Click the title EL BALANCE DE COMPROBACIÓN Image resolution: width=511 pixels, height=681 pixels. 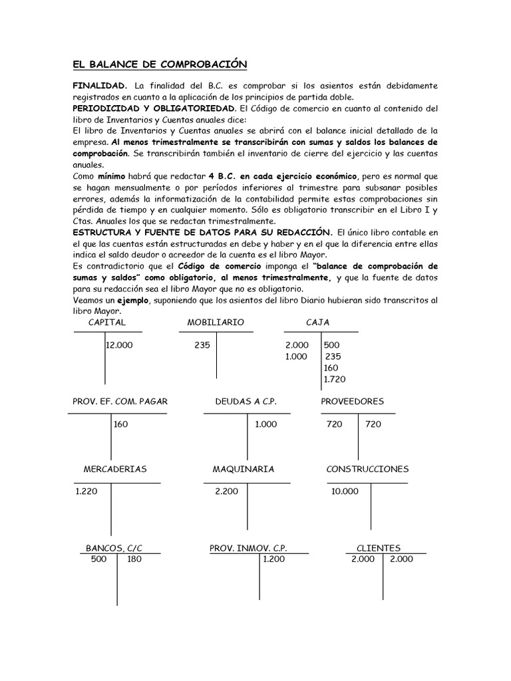[159, 64]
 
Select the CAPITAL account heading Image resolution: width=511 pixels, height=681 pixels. [106, 323]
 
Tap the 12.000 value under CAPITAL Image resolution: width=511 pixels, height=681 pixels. [119, 345]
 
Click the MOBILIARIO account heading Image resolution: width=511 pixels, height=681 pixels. [216, 323]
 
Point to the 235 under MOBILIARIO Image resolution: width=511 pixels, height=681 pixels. [202, 345]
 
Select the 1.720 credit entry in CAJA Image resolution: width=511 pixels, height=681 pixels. [335, 379]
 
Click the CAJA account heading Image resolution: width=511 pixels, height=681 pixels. [318, 323]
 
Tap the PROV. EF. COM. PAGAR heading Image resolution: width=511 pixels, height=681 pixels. [120, 402]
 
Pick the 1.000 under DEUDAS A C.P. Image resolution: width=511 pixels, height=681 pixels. [265, 424]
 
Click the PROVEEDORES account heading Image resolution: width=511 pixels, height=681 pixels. [352, 402]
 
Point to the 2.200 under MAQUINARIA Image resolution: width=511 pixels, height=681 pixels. [227, 491]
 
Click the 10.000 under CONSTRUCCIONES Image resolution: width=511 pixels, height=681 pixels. [345, 491]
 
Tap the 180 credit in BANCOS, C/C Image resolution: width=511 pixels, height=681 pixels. [134, 559]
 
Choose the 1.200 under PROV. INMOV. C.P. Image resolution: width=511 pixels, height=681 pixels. [273, 559]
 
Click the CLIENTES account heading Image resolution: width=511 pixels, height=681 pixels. [379, 548]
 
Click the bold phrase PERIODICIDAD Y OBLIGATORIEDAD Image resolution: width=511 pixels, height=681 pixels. [154, 108]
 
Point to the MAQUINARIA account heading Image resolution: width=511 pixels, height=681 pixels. [244, 469]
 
